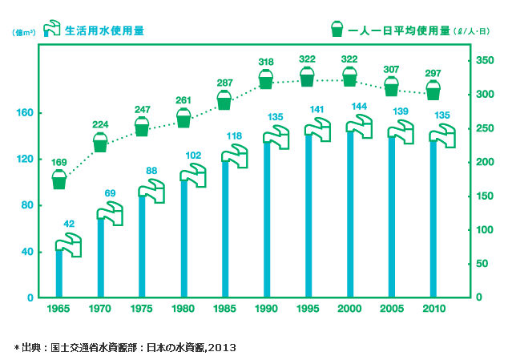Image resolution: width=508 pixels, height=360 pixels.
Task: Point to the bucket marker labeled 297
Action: point(433,90)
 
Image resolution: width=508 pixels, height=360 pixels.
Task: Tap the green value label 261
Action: point(183,99)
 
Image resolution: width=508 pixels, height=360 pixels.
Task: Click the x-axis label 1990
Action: point(267,309)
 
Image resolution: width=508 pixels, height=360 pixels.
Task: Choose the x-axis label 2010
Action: point(433,309)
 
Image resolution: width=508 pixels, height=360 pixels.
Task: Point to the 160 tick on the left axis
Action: point(25,113)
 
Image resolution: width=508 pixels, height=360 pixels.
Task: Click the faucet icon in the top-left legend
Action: point(51,30)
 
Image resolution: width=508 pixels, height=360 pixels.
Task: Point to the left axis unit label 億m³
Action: point(23,33)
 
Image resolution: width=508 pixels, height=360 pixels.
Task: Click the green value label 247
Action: point(142,110)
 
